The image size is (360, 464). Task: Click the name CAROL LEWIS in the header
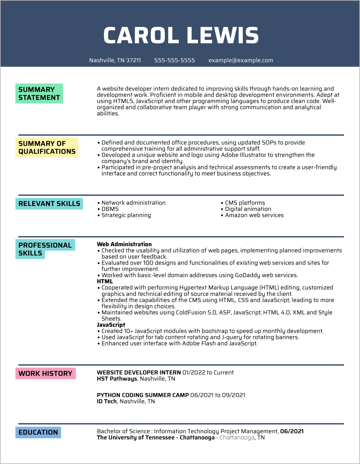point(181,35)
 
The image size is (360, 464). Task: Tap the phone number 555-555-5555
point(175,60)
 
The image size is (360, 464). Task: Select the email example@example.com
point(241,60)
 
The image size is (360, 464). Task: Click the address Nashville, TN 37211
point(115,60)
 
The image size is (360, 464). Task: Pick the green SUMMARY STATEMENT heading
point(39,94)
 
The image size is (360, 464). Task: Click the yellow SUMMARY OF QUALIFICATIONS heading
point(47,147)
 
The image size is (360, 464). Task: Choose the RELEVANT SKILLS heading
point(49,204)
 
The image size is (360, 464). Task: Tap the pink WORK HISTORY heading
point(45,373)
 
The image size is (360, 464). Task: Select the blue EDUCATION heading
point(38,432)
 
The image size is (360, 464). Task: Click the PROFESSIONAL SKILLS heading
point(45,249)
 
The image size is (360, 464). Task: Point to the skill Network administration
point(133,203)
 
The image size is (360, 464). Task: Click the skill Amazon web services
point(254,215)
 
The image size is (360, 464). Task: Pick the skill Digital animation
point(248,209)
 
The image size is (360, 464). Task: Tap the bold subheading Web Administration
point(124,244)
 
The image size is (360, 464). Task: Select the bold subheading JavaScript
point(111,325)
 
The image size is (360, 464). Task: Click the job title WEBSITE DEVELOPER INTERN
point(139,372)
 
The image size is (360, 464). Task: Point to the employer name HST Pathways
point(117,379)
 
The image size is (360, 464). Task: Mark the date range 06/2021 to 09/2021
point(218,395)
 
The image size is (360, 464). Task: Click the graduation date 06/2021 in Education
point(292,431)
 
